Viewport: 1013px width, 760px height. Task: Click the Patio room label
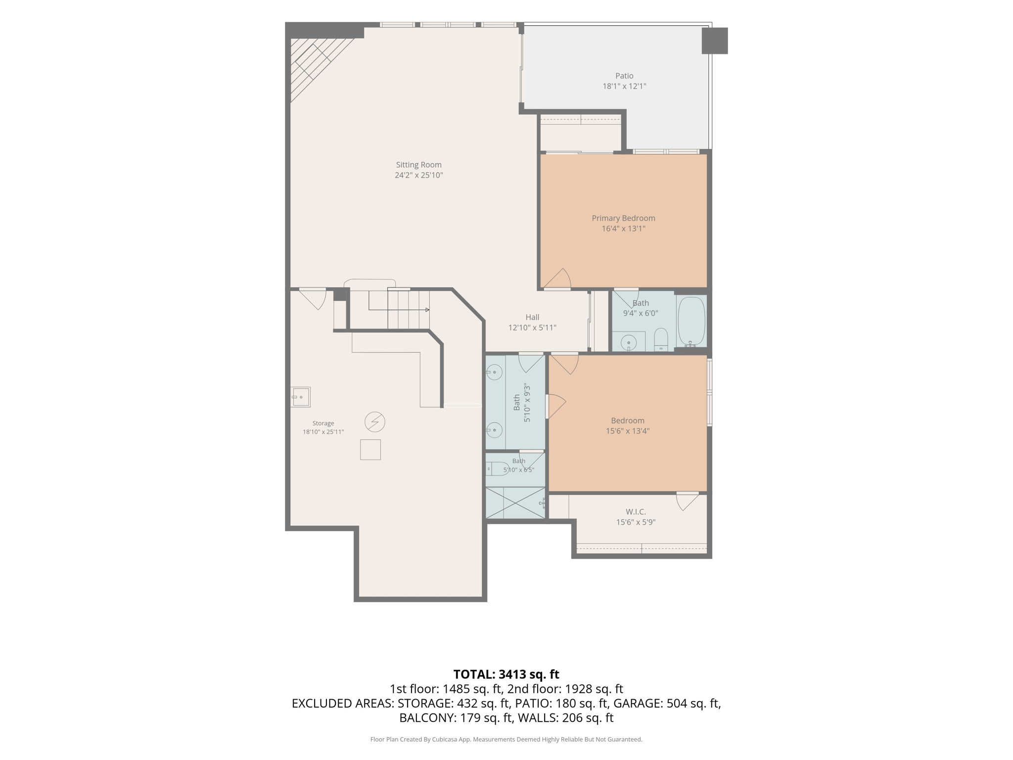[x=624, y=76]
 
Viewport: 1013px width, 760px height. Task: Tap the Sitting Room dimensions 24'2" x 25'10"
[x=418, y=175]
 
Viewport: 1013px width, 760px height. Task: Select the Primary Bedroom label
[x=623, y=218]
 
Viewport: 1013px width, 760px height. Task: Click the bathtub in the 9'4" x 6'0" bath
[x=691, y=321]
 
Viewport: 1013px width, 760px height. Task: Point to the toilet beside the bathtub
[x=661, y=339]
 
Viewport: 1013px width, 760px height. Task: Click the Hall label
[x=532, y=317]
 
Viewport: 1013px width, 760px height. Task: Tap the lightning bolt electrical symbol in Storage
[x=375, y=422]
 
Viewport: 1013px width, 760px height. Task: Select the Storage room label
[x=323, y=423]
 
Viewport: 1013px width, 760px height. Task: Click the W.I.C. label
[x=636, y=512]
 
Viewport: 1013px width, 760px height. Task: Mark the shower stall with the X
[x=515, y=503]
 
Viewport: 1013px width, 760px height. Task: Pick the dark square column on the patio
[x=715, y=41]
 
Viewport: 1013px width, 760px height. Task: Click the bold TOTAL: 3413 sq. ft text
[x=506, y=674]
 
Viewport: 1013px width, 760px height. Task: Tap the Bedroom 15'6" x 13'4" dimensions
[x=628, y=431]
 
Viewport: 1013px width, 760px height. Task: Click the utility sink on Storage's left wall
[x=300, y=397]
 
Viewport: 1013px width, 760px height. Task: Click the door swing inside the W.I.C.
[x=688, y=501]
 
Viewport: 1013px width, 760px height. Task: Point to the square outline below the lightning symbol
[x=370, y=450]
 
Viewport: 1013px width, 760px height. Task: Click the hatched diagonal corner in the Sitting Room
[x=316, y=64]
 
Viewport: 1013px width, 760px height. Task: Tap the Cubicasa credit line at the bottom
[x=506, y=739]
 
